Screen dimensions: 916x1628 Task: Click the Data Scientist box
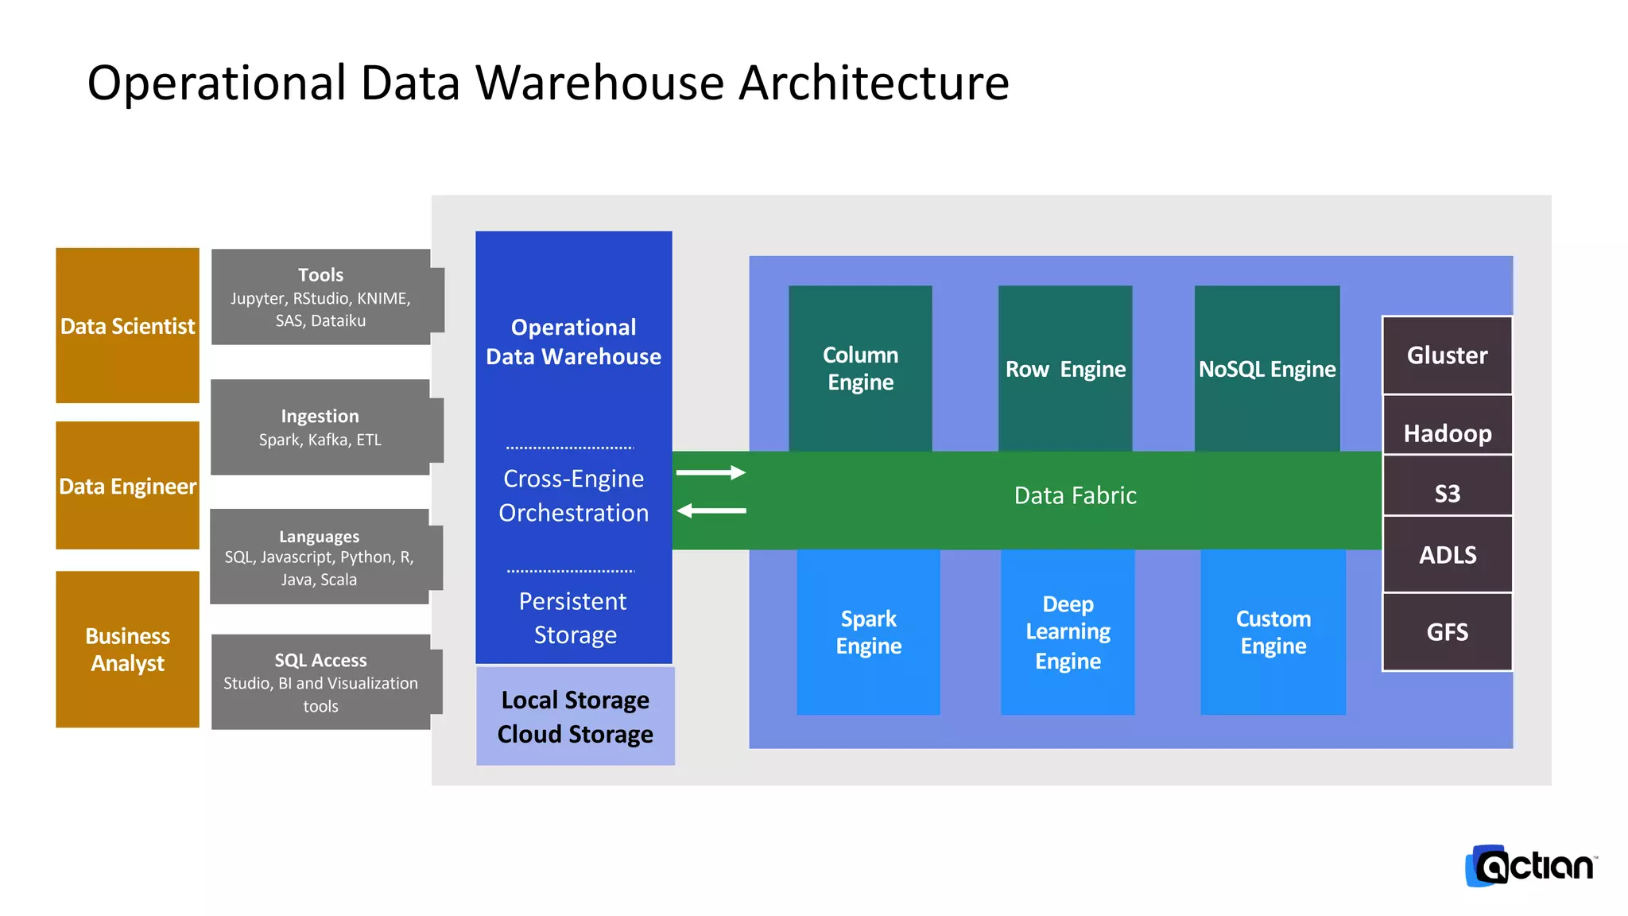click(x=127, y=325)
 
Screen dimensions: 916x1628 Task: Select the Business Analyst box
click(x=127, y=649)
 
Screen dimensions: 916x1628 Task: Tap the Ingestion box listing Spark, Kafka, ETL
click(x=320, y=428)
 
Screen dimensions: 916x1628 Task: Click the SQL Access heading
click(x=320, y=660)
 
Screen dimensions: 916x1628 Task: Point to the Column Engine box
click(x=860, y=368)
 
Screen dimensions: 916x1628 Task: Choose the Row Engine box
click(x=1065, y=368)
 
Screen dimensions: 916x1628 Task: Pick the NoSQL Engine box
click(x=1267, y=368)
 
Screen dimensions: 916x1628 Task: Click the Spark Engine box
click(x=868, y=632)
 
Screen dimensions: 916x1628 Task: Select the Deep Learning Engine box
click(x=1068, y=632)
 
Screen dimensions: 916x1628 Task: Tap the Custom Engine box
click(x=1273, y=632)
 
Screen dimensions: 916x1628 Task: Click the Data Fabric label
click(x=1075, y=495)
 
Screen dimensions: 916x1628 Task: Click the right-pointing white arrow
click(x=711, y=472)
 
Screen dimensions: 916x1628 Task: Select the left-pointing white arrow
click(x=711, y=510)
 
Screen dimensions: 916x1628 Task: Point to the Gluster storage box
click(x=1447, y=355)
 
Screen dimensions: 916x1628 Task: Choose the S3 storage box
click(x=1447, y=493)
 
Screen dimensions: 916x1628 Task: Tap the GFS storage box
click(x=1447, y=632)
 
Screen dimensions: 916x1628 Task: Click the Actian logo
click(x=1531, y=866)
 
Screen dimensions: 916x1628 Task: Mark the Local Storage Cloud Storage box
click(x=575, y=716)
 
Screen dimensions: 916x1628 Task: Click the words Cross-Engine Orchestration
click(x=573, y=495)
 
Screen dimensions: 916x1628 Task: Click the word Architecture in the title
click(x=874, y=83)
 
